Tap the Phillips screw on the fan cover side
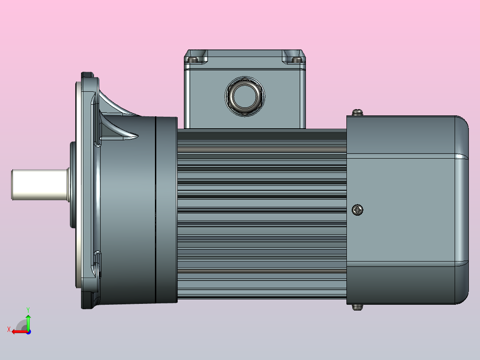[358, 209]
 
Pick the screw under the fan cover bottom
[358, 307]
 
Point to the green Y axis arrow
[28, 320]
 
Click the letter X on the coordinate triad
[9, 329]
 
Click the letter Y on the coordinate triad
[28, 309]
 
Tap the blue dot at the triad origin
[28, 331]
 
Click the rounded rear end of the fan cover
[462, 209]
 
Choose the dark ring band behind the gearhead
[166, 209]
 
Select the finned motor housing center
[262, 209]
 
